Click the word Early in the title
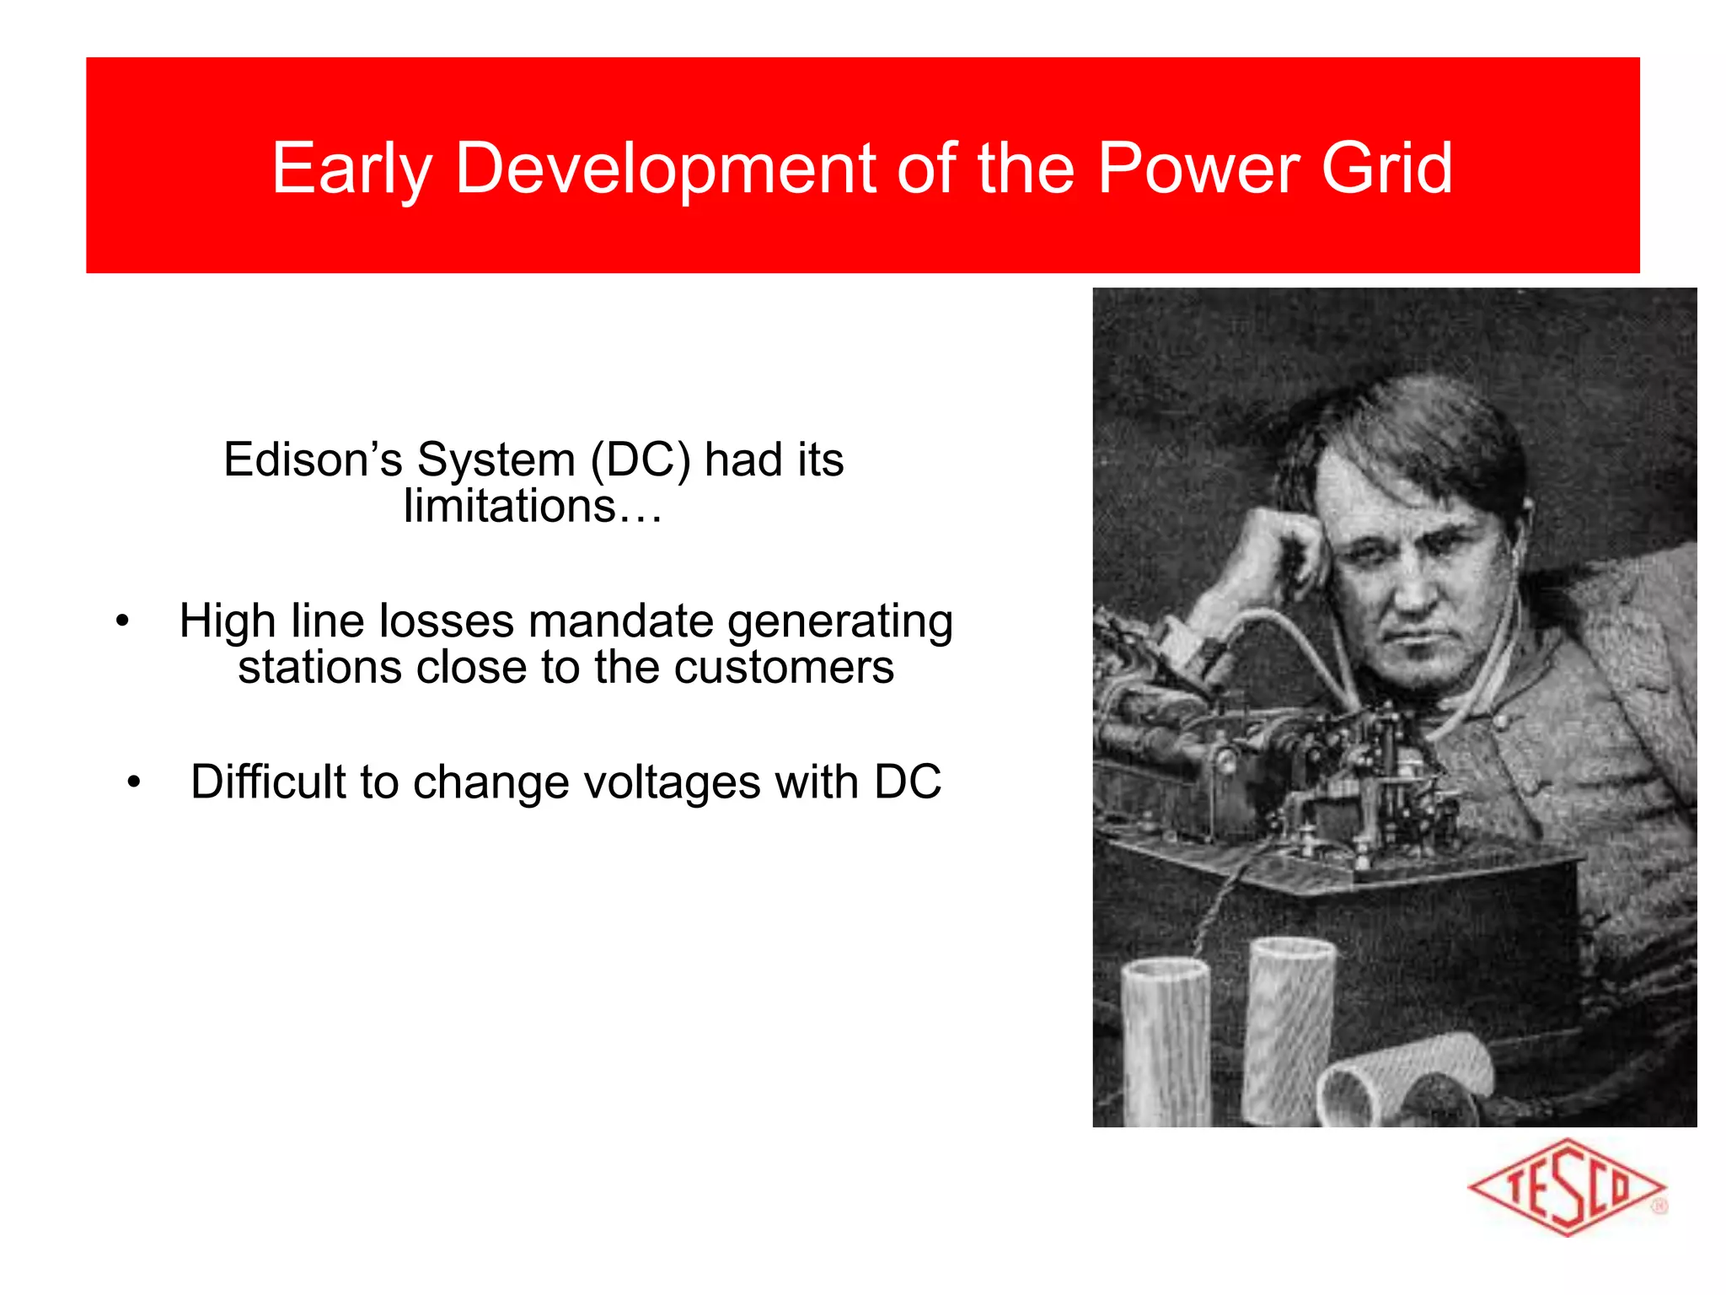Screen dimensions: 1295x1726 coord(351,169)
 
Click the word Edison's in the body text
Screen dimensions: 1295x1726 coord(313,460)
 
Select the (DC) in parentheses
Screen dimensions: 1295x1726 coord(641,460)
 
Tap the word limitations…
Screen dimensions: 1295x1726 coord(533,507)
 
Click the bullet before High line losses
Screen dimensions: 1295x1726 coord(123,622)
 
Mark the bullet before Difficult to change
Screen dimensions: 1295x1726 coord(134,783)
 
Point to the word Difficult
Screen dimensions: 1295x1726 coord(268,782)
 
